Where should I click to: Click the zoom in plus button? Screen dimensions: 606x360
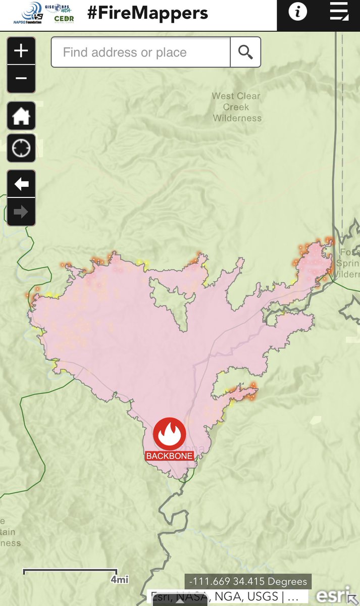(21, 50)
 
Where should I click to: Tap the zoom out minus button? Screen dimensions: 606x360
(21, 78)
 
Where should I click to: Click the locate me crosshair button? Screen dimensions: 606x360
(21, 148)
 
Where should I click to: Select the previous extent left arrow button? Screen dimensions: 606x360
(21, 184)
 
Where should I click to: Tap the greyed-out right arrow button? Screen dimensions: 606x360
(21, 212)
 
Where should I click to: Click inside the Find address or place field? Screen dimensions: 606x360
(140, 52)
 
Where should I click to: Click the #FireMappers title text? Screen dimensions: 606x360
(147, 13)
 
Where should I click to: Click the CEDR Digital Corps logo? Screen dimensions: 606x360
(64, 20)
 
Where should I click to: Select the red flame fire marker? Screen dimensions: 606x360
(170, 434)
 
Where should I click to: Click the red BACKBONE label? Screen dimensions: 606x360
(169, 456)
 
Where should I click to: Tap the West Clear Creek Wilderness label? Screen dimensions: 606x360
(237, 107)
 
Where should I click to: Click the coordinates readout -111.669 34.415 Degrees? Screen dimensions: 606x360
(248, 581)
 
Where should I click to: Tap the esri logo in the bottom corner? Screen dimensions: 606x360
(329, 595)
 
